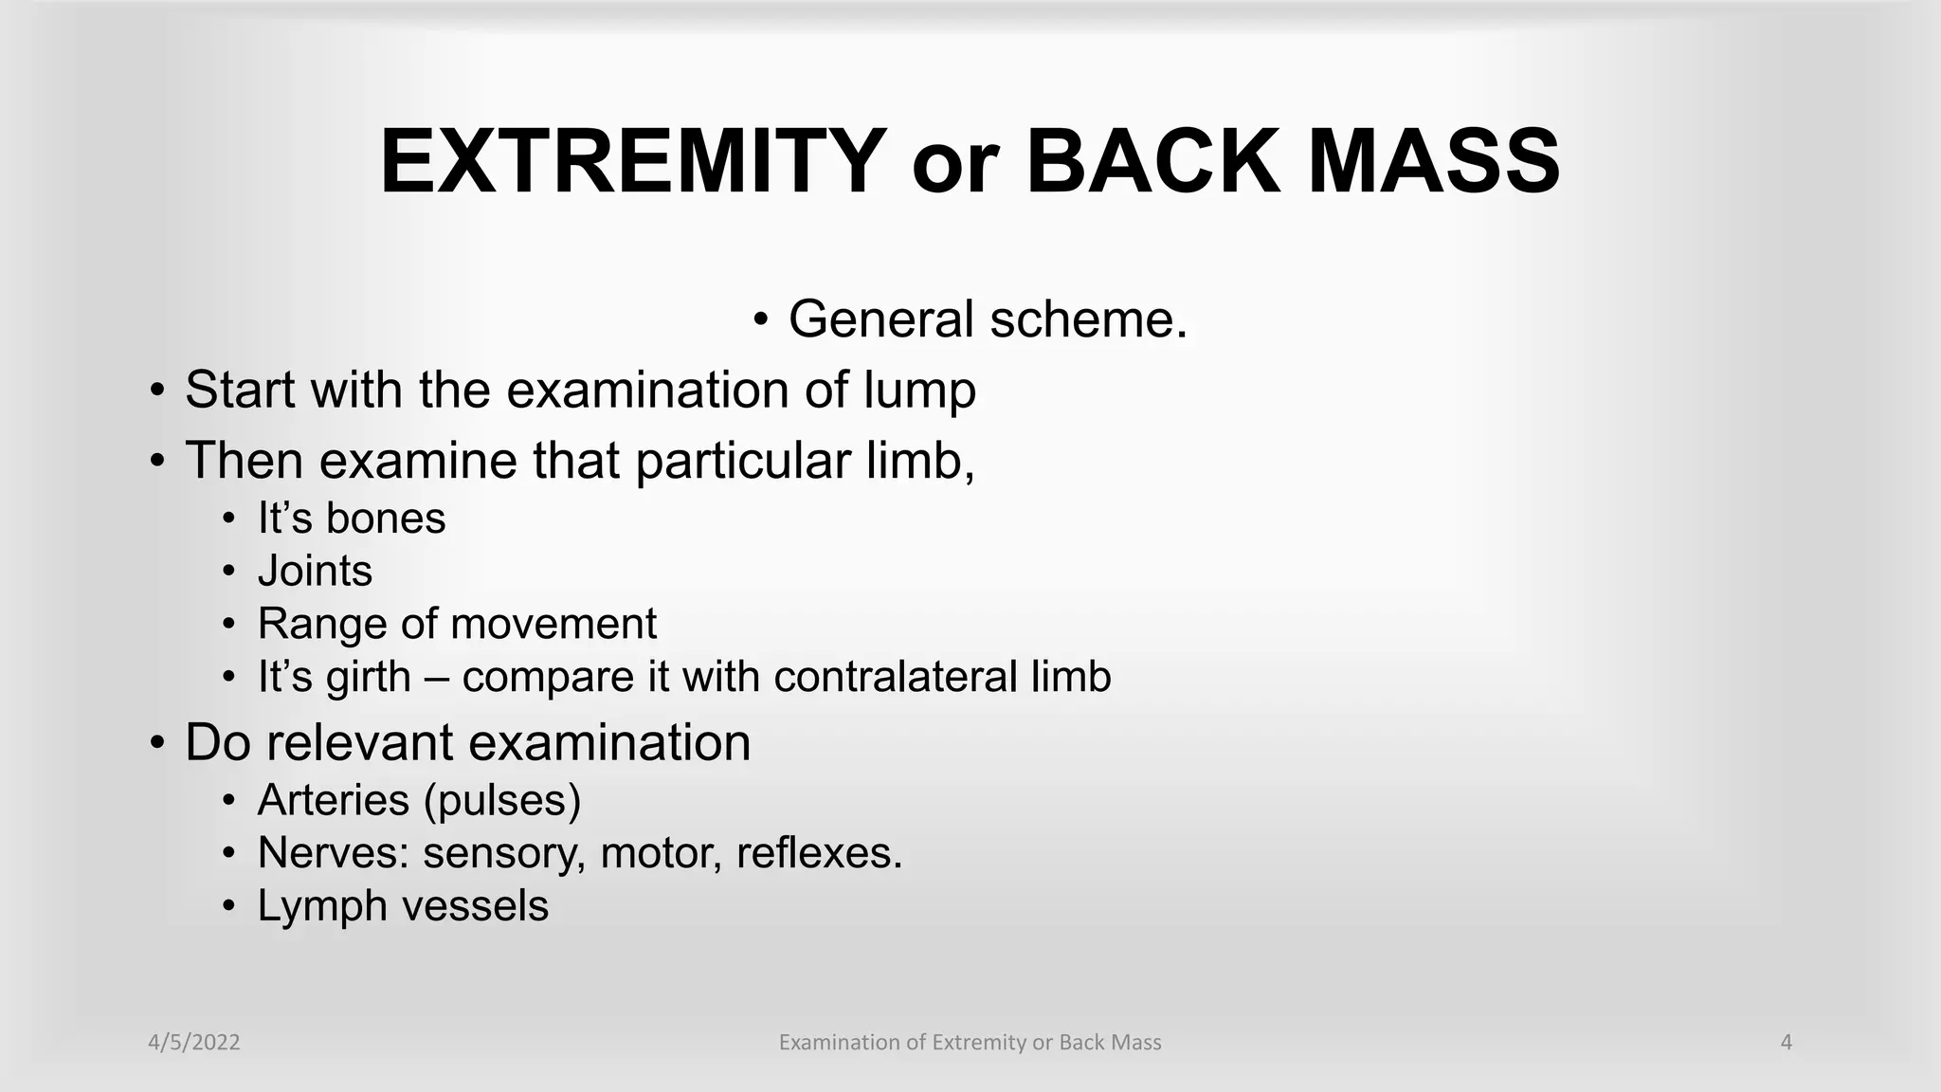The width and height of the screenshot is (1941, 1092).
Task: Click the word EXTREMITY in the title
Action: [x=633, y=162]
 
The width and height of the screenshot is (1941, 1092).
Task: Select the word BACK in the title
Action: [x=1151, y=162]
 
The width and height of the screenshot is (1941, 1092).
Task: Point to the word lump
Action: [x=918, y=390]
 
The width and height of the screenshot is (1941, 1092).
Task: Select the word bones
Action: [x=385, y=519]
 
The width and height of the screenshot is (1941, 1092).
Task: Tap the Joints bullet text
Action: [x=315, y=572]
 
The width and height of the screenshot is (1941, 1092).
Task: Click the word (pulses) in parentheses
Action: [x=501, y=802]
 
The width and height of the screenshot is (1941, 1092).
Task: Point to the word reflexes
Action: [x=819, y=853]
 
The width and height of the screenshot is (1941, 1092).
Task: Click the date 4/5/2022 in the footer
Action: [x=194, y=1043]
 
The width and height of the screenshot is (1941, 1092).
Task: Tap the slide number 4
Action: [x=1787, y=1043]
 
